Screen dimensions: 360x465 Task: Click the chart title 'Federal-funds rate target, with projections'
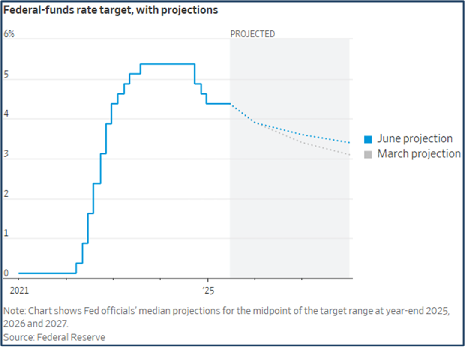pyautogui.click(x=111, y=10)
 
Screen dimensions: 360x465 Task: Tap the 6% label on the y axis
pyautogui.click(x=9, y=34)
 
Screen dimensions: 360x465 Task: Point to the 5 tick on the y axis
pyautogui.click(x=6, y=74)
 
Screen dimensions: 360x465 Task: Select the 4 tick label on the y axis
pyautogui.click(x=6, y=114)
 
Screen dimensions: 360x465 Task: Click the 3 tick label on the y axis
pyautogui.click(x=6, y=154)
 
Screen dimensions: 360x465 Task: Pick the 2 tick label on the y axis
pyautogui.click(x=6, y=194)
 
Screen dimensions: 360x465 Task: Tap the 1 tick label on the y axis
pyautogui.click(x=6, y=234)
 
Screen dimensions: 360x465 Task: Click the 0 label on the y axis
pyautogui.click(x=6, y=273)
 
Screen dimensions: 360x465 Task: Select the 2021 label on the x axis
pyautogui.click(x=19, y=291)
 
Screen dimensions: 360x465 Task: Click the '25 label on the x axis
pyautogui.click(x=208, y=291)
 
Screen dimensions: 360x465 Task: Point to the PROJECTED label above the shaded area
pyautogui.click(x=252, y=34)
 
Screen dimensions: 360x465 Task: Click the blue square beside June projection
pyautogui.click(x=368, y=139)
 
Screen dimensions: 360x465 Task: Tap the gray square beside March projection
pyautogui.click(x=368, y=154)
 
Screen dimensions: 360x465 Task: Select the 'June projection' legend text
pyautogui.click(x=414, y=139)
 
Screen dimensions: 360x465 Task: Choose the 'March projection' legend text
pyautogui.click(x=419, y=154)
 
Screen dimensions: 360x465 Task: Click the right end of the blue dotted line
pyautogui.click(x=349, y=142)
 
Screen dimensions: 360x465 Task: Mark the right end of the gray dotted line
pyautogui.click(x=349, y=155)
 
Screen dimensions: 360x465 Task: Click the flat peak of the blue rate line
pyautogui.click(x=167, y=64)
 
